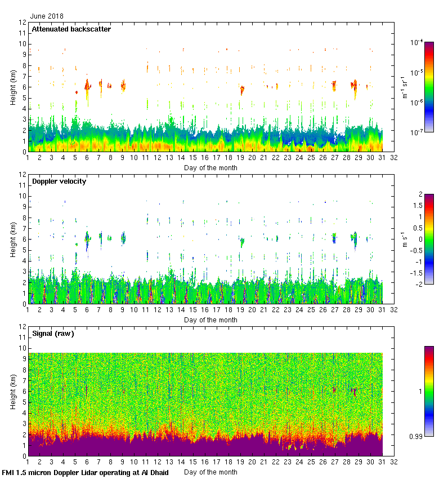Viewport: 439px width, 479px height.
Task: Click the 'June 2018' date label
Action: pos(47,16)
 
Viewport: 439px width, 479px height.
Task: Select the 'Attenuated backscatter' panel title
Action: pos(71,29)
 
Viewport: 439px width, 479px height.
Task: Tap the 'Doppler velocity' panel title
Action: pos(59,181)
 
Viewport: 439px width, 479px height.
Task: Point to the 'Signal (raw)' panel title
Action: pos(53,334)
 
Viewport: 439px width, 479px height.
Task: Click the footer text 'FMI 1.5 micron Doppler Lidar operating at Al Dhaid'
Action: pos(85,472)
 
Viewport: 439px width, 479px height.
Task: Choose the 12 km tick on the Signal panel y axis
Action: pos(22,327)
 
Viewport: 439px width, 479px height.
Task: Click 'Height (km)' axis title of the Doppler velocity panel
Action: pos(13,239)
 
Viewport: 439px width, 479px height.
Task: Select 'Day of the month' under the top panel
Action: pos(210,167)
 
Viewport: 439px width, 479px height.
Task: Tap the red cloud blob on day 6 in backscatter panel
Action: pos(87,86)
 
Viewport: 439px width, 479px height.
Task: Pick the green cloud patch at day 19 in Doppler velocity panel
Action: pos(241,242)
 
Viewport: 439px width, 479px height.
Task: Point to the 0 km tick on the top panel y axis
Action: pos(23,152)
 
